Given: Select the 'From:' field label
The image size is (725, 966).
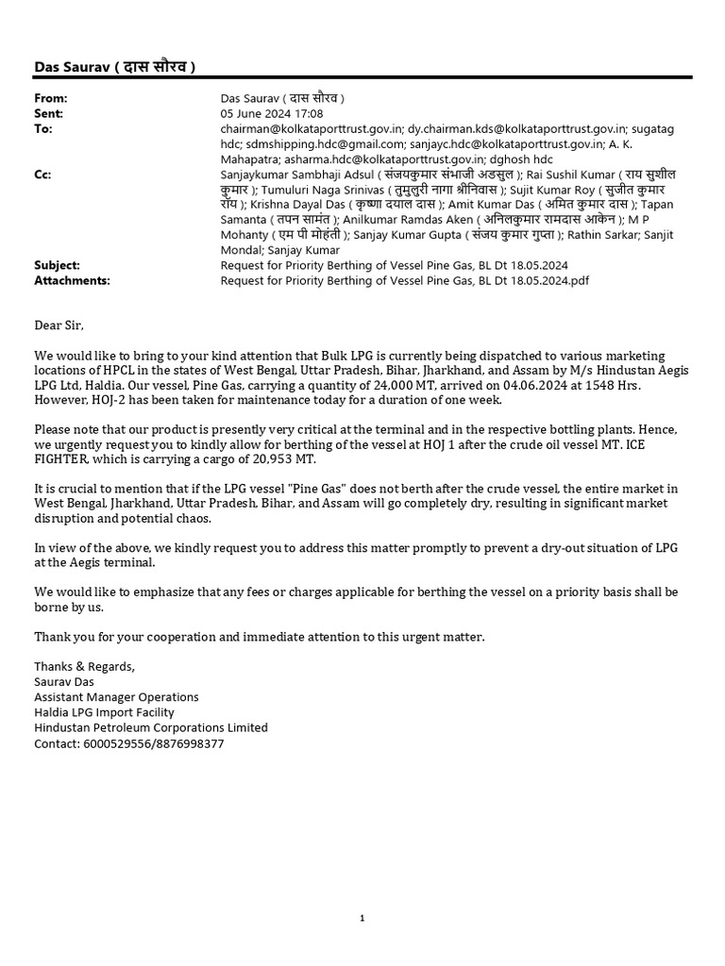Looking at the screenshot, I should click(51, 98).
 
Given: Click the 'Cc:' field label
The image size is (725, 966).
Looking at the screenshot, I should click(43, 175).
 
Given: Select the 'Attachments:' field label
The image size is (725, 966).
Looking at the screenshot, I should click(72, 280).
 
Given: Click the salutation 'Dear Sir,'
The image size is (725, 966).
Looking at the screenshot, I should click(59, 325).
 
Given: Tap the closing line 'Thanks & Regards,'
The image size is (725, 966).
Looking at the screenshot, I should click(85, 667).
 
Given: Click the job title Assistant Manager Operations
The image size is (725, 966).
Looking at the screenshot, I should click(116, 697).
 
